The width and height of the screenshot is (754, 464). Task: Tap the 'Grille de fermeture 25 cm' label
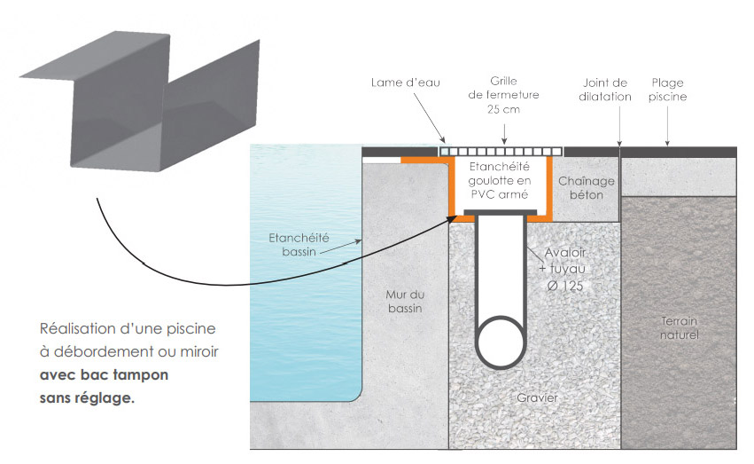[503, 95]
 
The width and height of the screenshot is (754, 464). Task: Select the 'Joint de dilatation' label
[607, 90]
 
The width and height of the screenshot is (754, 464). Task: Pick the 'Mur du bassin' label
[404, 303]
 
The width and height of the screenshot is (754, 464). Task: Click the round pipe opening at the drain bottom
[501, 340]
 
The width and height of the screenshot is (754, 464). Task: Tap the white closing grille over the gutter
[502, 152]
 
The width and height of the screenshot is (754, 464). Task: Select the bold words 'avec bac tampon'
[105, 375]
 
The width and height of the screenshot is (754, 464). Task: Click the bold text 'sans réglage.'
[88, 398]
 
